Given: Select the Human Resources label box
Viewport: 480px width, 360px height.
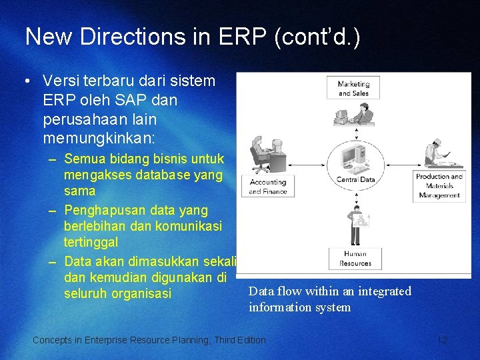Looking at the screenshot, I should (355, 259).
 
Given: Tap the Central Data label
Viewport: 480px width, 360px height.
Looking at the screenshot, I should (355, 179).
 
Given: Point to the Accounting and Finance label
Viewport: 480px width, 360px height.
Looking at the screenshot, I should (267, 187).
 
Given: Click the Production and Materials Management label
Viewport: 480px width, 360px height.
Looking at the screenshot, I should (439, 186).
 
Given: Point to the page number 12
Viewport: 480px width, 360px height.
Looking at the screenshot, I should (441, 340).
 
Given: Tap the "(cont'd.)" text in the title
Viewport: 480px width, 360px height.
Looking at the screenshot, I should (316, 37).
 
